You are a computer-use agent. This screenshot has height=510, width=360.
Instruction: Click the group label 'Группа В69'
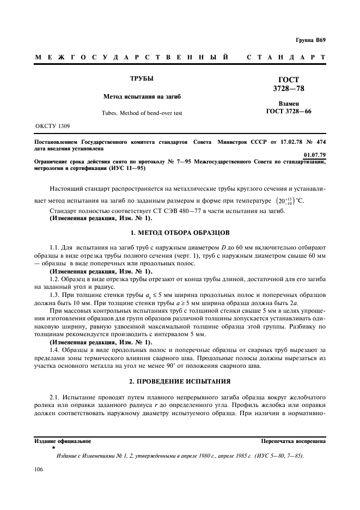[310, 40]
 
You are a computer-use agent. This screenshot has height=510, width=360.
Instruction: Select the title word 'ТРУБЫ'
[142, 79]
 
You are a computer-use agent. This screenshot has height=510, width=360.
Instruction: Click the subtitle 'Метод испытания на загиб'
[142, 96]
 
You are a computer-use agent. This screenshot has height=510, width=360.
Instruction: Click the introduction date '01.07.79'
[314, 155]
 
